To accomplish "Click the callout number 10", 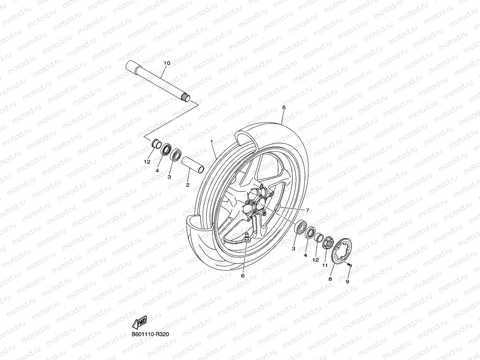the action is point(166,63).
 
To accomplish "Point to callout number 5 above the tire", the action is point(284,107).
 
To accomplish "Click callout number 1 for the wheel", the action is point(212,141).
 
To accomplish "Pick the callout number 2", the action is point(188,185).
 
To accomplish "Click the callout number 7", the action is point(308,210).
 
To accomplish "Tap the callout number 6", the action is point(243,276).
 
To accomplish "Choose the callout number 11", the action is point(325,265).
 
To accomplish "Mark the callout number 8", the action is point(330,279).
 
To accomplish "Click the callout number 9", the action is point(347,282).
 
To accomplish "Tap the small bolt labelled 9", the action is point(350,265).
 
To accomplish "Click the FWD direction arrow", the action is point(140,323).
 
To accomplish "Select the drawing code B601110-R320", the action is point(153,334).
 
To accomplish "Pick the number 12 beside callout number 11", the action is point(316,260).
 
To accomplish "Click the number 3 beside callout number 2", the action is point(169,177).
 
